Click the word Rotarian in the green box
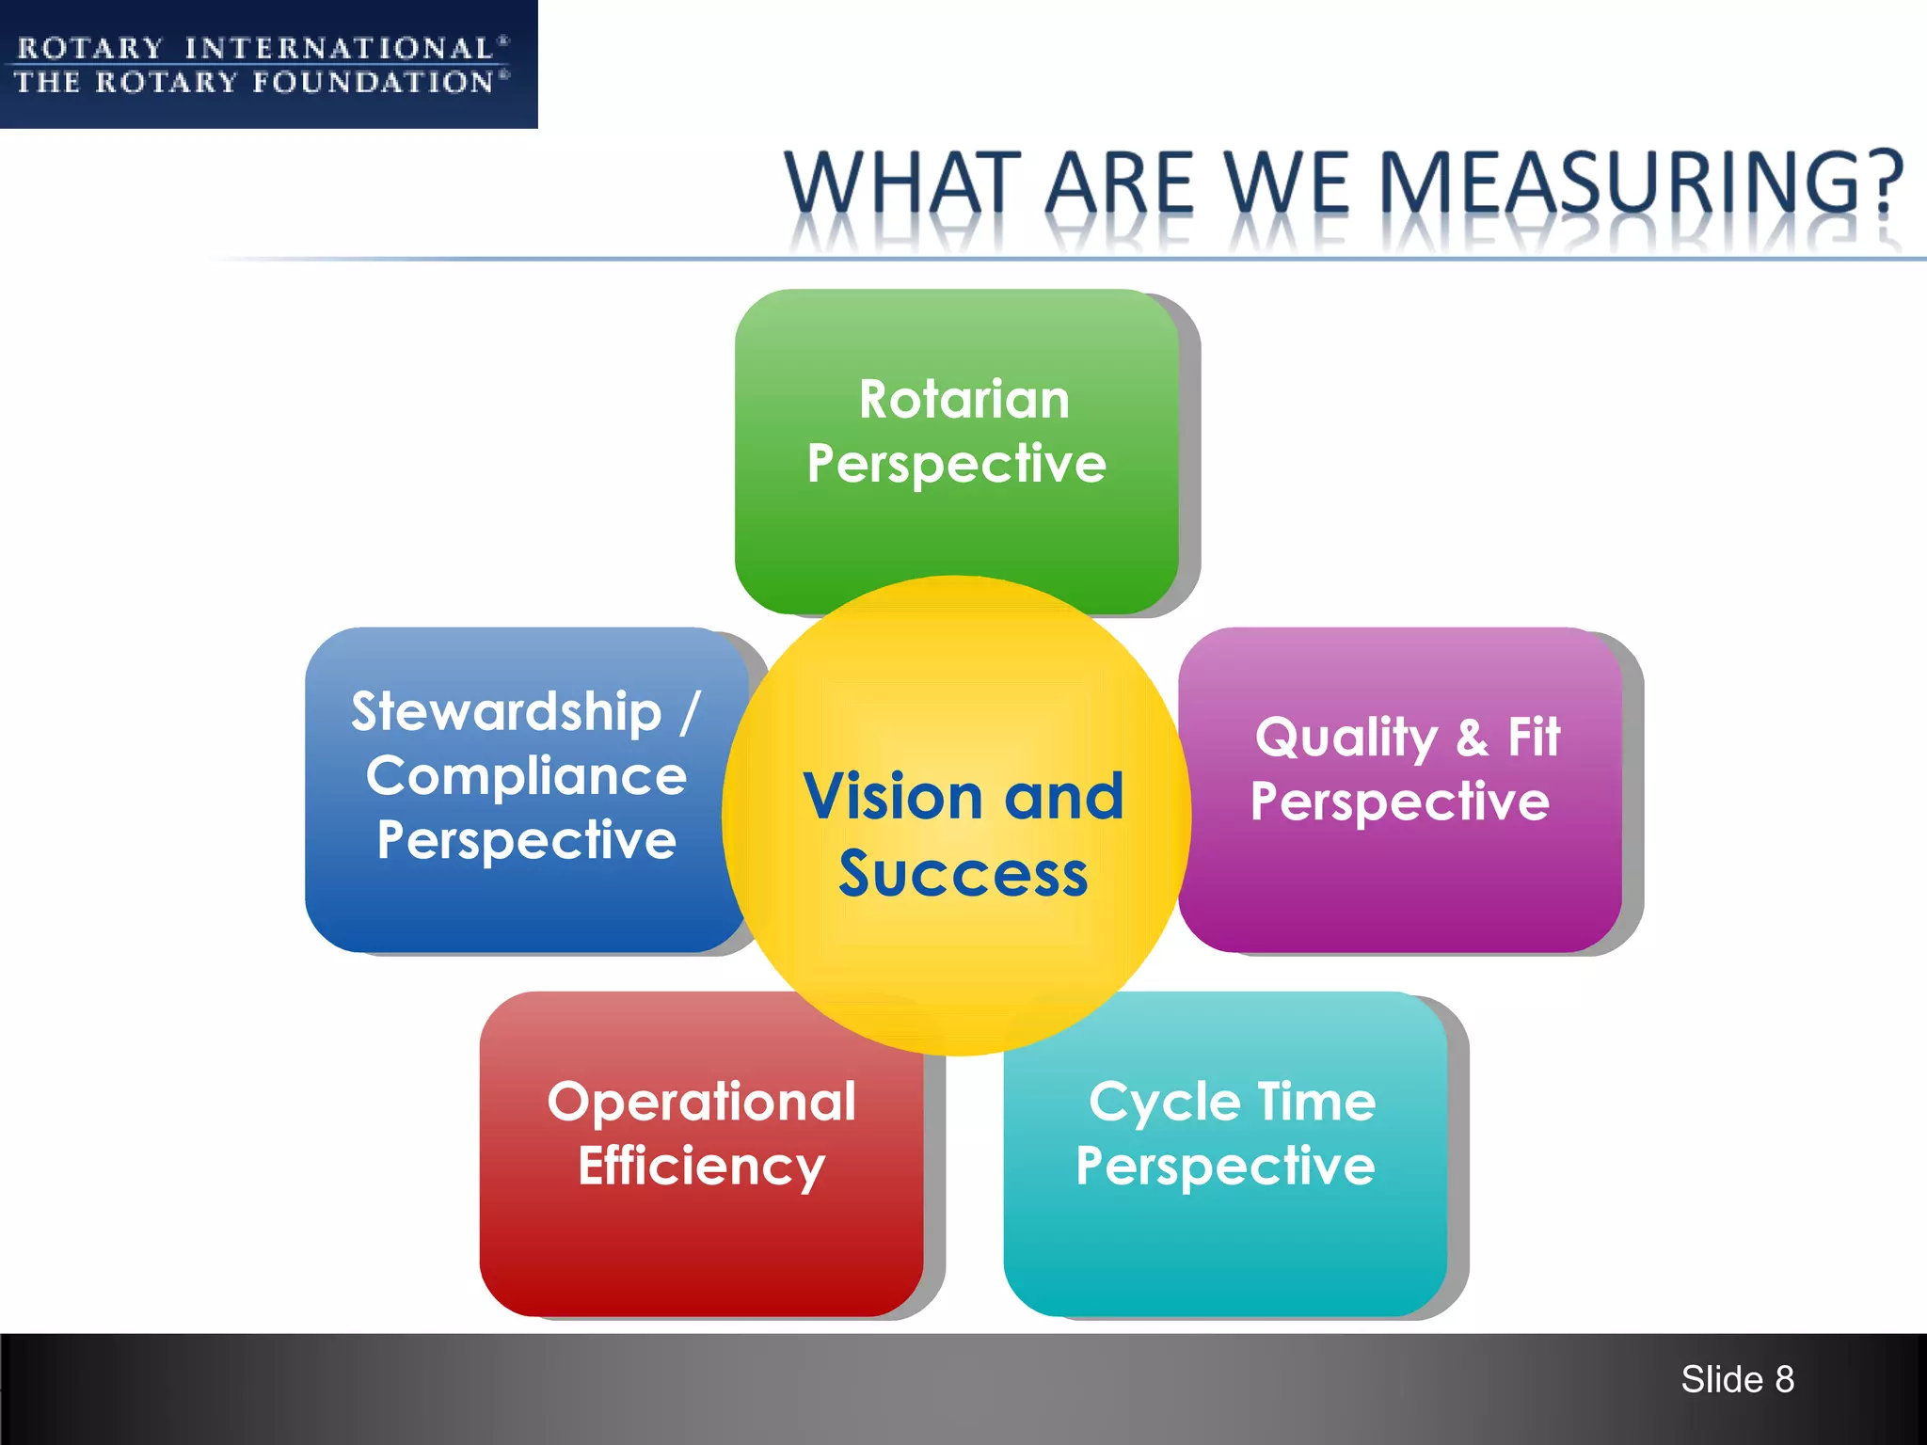(964, 399)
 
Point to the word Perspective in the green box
(956, 464)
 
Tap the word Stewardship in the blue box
(506, 711)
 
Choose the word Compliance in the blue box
(526, 776)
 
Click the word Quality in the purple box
(1346, 738)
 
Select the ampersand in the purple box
(1473, 738)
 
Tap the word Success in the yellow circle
(963, 874)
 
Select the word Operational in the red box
(702, 1102)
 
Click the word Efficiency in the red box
(702, 1167)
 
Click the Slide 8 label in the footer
(1737, 1379)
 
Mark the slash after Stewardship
(690, 712)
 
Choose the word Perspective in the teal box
(1225, 1167)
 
